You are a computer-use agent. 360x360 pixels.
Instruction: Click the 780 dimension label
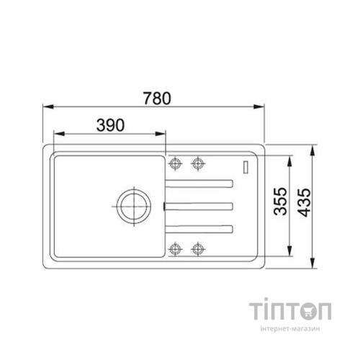(157, 98)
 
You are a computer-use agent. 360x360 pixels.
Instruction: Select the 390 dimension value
(110, 125)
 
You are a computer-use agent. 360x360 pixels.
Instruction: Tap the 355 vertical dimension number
(280, 201)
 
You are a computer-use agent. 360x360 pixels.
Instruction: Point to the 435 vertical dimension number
(304, 203)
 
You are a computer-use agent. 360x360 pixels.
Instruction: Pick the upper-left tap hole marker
(175, 163)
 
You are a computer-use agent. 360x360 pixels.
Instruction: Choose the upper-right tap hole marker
(198, 163)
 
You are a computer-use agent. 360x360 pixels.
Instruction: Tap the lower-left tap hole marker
(175, 249)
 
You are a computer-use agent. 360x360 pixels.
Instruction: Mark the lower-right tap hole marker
(198, 249)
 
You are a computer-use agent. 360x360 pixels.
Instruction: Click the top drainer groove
(199, 184)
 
